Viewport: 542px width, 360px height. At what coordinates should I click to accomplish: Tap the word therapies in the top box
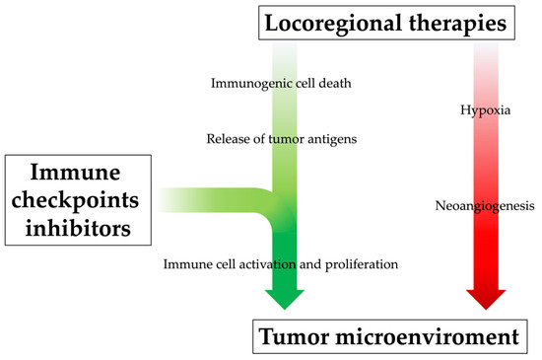pos(464,21)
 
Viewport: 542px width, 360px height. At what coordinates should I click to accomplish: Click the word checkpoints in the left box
pos(77,202)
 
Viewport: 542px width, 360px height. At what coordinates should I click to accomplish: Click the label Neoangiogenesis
pos(484,207)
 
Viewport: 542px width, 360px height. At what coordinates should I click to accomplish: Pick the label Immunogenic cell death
pos(282,83)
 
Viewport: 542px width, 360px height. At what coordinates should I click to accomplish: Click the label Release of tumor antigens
pos(282,138)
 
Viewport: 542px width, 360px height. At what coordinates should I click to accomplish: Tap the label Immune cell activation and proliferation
pos(280,263)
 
